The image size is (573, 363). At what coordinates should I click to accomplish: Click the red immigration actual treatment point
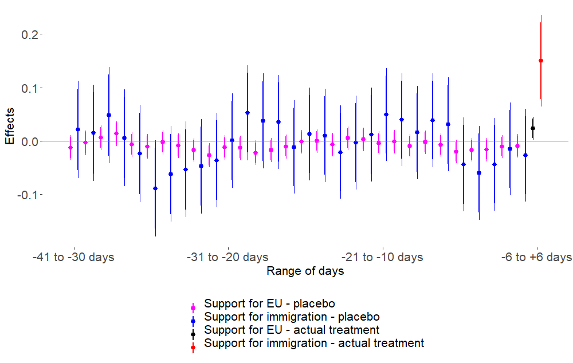pos(541,60)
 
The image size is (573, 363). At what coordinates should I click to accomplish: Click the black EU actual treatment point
pos(533,128)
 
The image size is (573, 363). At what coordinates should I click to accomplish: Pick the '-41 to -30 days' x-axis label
pos(73,257)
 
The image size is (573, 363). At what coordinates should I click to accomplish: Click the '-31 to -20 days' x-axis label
pos(227,257)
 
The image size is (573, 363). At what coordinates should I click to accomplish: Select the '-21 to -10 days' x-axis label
pos(382,257)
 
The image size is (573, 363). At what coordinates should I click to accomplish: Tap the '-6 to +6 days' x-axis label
pos(536,257)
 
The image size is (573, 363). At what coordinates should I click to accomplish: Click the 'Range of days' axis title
pos(305,271)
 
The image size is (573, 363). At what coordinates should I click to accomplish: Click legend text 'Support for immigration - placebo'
pos(292,317)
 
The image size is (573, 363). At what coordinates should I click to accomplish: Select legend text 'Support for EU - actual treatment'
pos(292,330)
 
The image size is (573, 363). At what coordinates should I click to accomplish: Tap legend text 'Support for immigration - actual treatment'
pos(314,343)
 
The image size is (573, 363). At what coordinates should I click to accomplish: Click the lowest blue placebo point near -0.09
pos(155,188)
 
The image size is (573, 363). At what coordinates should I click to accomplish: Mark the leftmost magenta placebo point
pos(70,148)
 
